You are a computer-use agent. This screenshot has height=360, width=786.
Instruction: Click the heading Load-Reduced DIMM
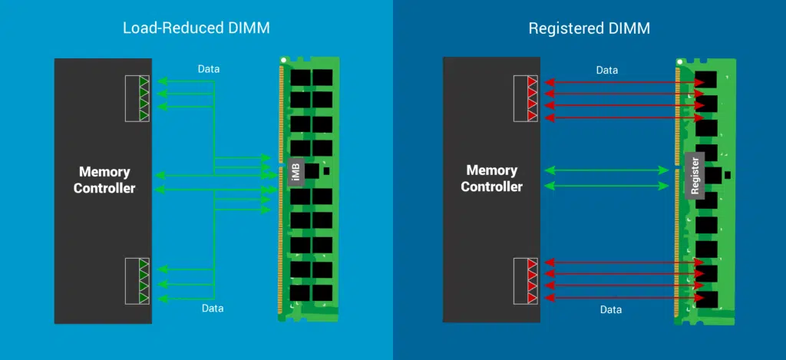(x=196, y=28)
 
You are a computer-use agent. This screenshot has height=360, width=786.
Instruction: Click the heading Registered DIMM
(x=589, y=28)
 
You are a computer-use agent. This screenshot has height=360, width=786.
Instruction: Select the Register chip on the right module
(x=695, y=176)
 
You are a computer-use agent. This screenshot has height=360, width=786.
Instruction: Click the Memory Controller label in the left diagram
(x=104, y=180)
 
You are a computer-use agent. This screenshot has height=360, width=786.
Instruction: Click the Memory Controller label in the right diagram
(x=492, y=178)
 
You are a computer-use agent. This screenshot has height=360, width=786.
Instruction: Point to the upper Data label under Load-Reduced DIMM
(x=208, y=69)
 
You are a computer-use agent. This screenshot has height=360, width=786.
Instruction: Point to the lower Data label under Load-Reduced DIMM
(x=213, y=308)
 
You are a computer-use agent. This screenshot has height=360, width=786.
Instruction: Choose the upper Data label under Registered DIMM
(x=606, y=70)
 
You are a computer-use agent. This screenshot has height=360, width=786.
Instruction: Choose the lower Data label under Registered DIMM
(x=611, y=309)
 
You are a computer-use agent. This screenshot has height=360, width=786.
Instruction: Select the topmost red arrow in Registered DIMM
(x=622, y=81)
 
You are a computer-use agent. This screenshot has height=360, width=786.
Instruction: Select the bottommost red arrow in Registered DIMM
(x=622, y=298)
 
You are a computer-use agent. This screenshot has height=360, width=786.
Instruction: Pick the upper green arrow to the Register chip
(x=606, y=170)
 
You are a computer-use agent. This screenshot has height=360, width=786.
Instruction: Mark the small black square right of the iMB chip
(x=327, y=172)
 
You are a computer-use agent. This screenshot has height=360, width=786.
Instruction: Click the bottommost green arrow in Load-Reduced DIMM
(x=184, y=297)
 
